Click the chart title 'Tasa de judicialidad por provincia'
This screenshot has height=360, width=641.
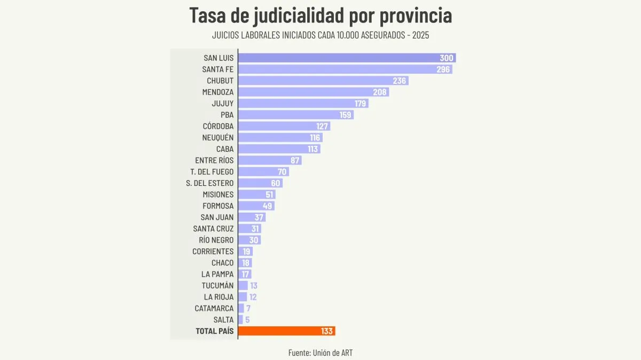[320, 15]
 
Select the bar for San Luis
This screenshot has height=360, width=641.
[347, 58]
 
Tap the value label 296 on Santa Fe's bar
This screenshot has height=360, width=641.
[443, 69]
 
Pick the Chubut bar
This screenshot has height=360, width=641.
[323, 81]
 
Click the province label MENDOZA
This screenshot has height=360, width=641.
[218, 92]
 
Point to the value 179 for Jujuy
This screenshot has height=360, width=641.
[361, 104]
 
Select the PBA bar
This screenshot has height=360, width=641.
[295, 115]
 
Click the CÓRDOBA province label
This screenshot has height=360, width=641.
[218, 126]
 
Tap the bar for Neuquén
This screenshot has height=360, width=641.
[280, 138]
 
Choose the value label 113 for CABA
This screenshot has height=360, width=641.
[313, 149]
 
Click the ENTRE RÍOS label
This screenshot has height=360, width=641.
[214, 160]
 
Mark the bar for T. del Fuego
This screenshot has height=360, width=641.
[263, 172]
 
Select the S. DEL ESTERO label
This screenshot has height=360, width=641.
[210, 183]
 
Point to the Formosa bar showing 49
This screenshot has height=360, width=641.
[256, 206]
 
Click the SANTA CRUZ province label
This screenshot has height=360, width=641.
[214, 229]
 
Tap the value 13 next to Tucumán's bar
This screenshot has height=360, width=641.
[254, 286]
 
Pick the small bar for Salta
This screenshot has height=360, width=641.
[240, 320]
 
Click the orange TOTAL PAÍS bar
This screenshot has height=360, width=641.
[286, 331]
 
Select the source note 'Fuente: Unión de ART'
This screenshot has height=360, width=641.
[320, 353]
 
